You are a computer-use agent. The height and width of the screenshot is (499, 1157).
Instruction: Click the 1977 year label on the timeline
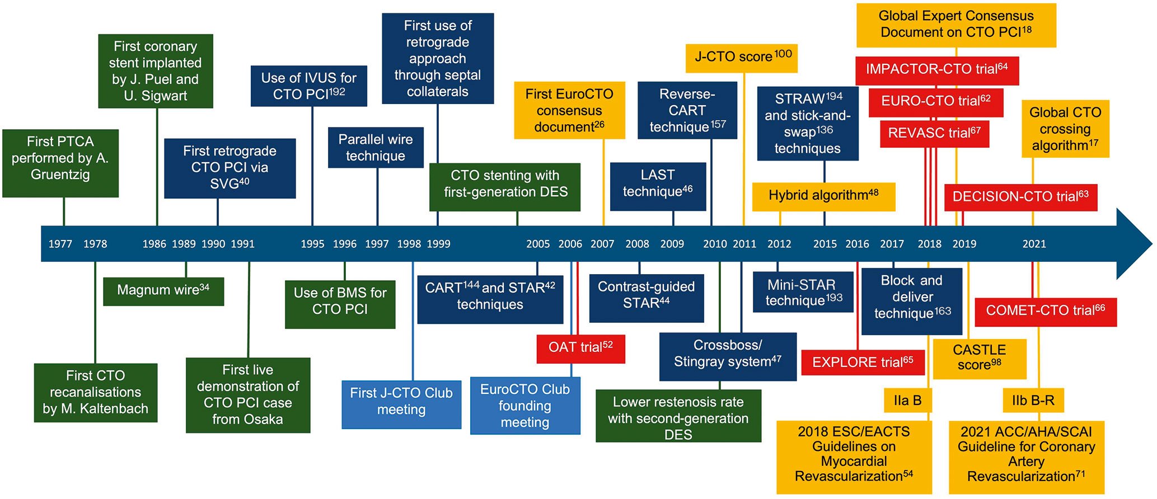(60, 244)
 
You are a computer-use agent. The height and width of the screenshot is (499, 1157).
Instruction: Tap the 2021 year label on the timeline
(1034, 244)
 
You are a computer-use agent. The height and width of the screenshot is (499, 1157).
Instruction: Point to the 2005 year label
(538, 244)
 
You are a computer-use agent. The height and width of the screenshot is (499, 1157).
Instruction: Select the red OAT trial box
(580, 348)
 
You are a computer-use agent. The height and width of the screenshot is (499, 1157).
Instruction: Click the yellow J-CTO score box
(742, 58)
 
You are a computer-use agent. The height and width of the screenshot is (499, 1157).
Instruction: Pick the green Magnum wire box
(163, 290)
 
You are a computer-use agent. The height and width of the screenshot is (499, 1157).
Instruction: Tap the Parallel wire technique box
(376, 148)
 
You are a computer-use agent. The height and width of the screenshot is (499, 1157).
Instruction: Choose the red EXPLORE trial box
(863, 363)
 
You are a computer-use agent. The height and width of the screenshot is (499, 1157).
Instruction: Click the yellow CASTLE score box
(980, 358)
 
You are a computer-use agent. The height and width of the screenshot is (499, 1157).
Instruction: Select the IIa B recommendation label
(907, 401)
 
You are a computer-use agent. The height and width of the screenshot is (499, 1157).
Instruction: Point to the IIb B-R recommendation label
(1033, 401)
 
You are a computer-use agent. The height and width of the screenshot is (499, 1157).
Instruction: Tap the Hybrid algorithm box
(823, 196)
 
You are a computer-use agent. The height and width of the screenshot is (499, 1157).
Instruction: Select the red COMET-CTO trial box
(1045, 311)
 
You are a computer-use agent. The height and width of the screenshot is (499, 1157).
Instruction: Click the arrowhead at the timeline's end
(1133, 244)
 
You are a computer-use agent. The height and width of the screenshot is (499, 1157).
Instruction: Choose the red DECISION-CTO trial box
(1020, 197)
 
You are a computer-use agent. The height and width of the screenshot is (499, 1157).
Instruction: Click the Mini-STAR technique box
(803, 293)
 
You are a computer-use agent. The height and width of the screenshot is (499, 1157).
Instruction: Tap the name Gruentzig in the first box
(60, 175)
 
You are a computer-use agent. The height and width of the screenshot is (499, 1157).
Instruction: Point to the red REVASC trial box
(934, 134)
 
